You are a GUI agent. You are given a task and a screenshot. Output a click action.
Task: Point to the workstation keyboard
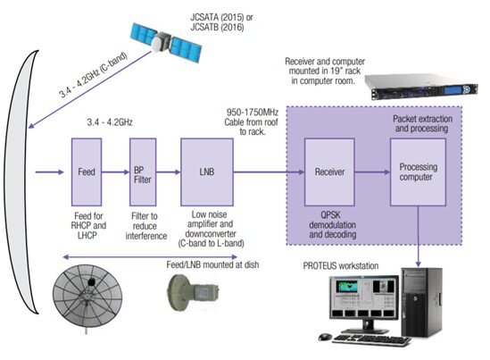pyautogui.click(x=371, y=340)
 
